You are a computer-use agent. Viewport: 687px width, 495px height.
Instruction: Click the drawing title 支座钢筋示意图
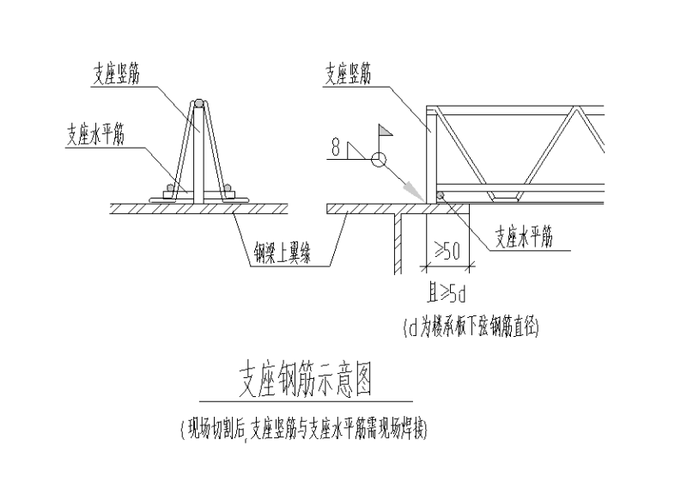point(306,378)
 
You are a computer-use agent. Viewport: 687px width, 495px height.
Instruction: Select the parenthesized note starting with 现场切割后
point(306,427)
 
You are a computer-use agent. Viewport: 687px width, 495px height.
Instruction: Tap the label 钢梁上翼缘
point(287,252)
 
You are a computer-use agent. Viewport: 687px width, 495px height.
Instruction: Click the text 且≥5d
point(446,298)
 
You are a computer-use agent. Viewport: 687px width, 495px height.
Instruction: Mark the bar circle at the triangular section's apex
point(199,103)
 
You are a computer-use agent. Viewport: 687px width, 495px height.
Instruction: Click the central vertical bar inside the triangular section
point(199,155)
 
